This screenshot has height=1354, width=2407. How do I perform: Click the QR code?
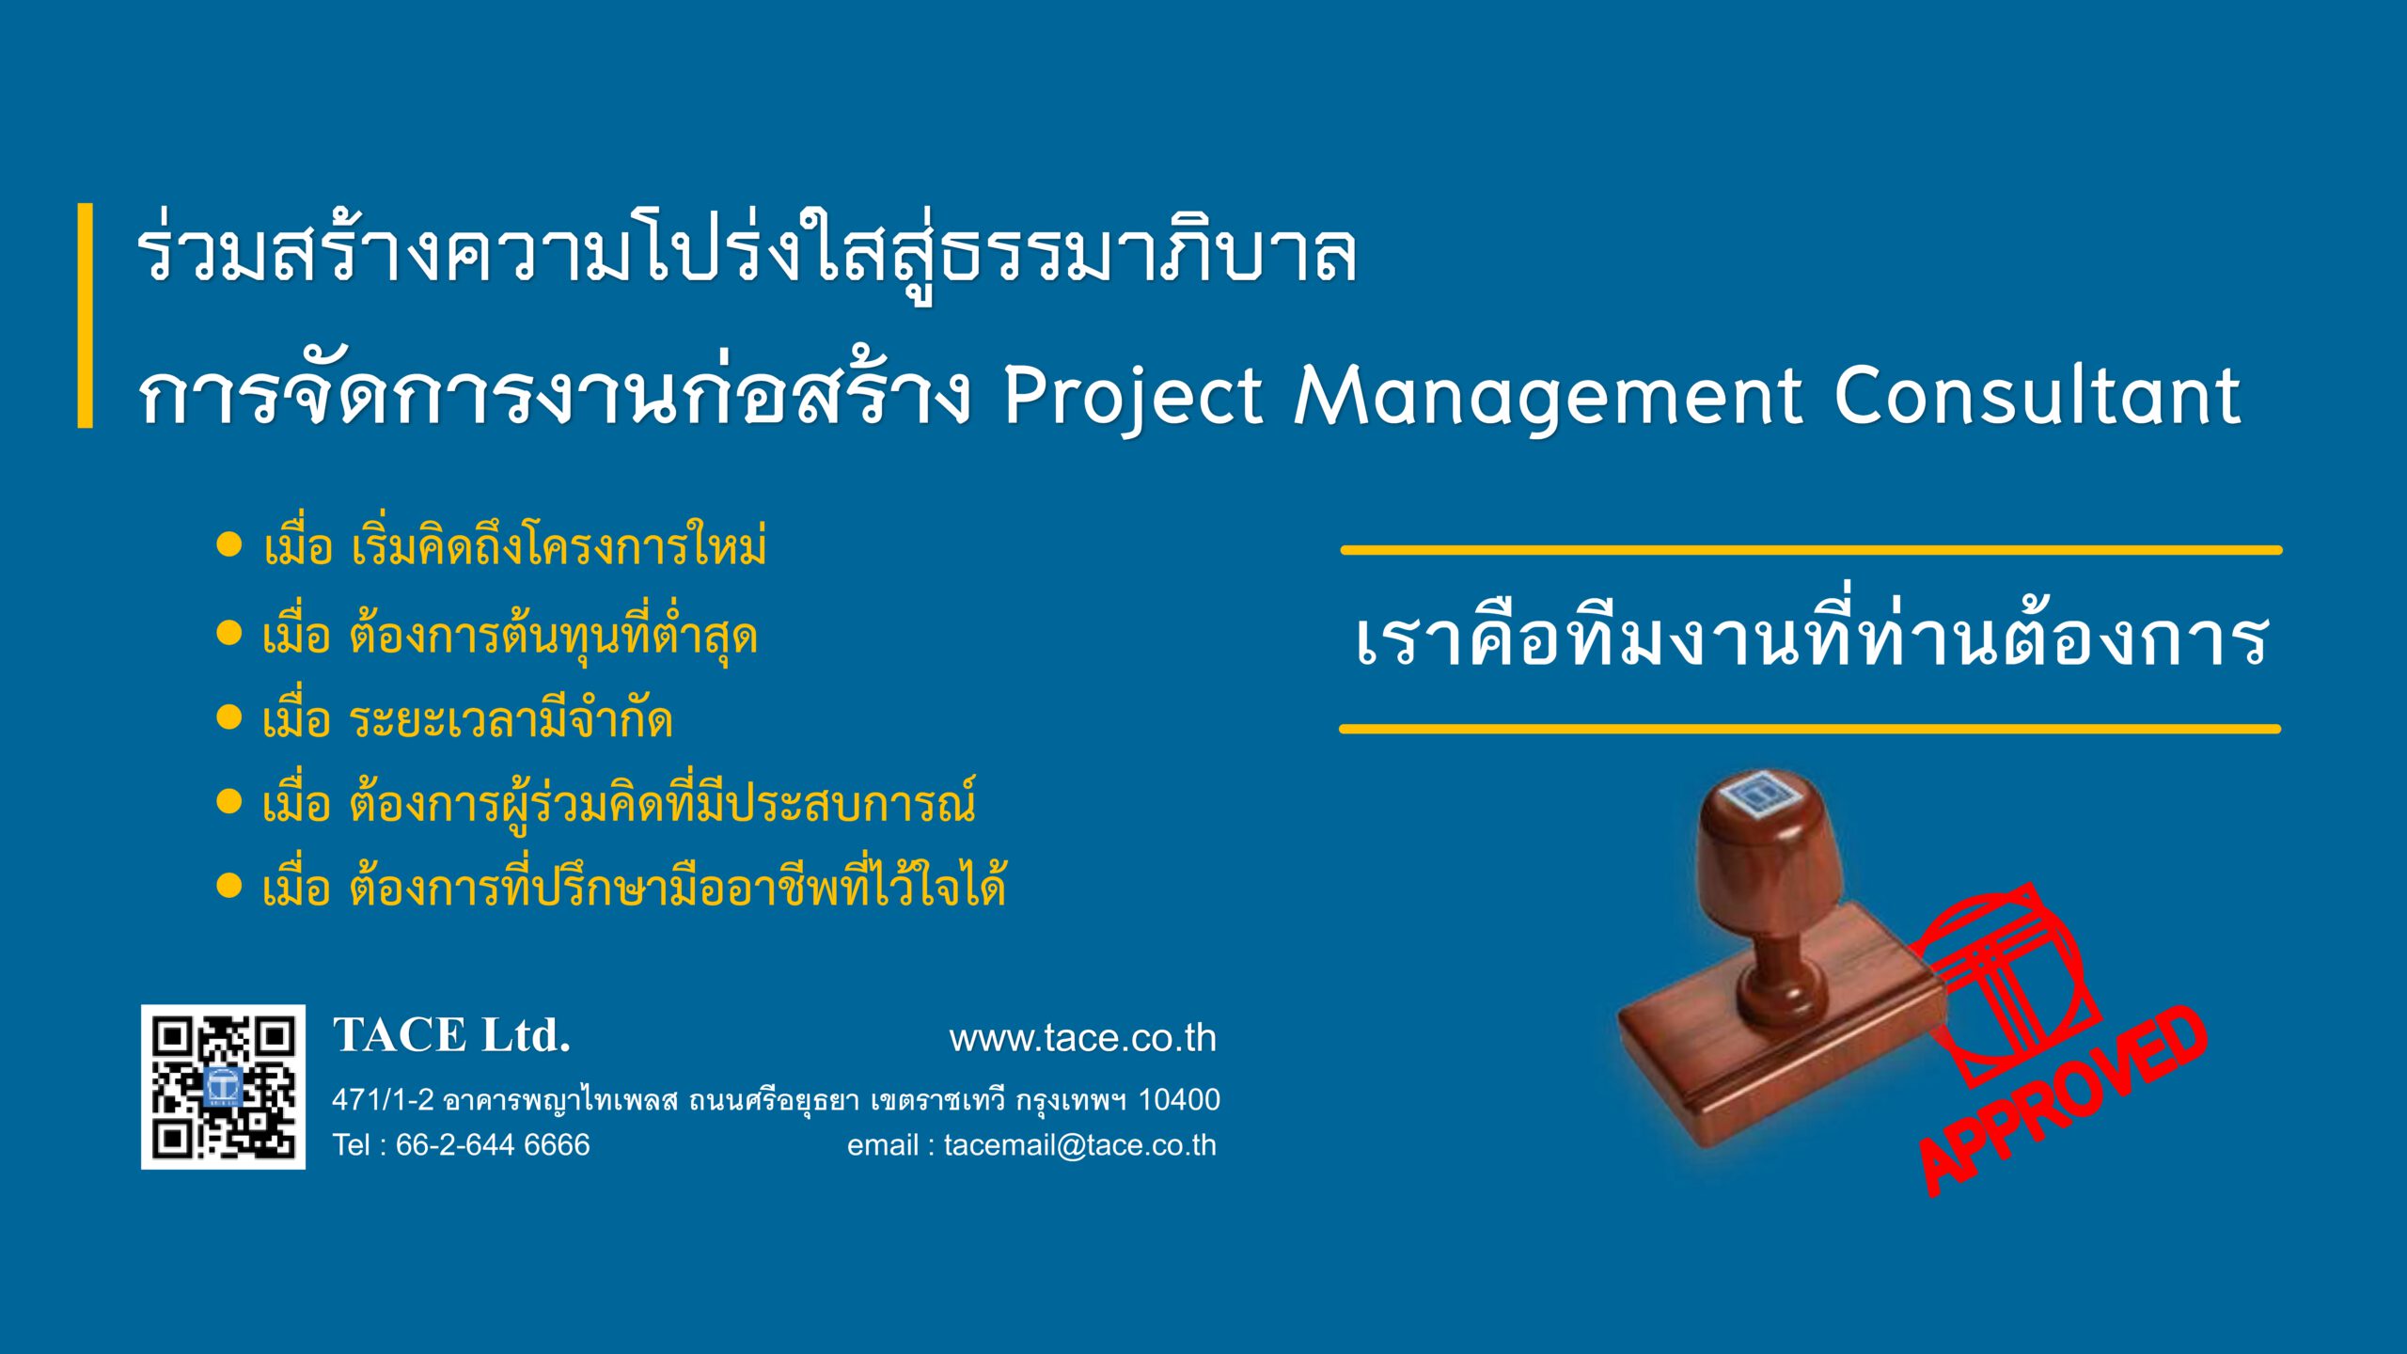click(x=223, y=1087)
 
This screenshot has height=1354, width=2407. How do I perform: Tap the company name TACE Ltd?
click(x=451, y=1035)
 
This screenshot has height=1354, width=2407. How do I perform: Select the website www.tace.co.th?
click(x=1083, y=1038)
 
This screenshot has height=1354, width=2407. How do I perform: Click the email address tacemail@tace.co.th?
click(x=1080, y=1145)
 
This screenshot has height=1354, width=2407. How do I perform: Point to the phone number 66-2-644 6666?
click(x=493, y=1144)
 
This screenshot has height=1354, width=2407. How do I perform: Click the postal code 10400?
click(x=1179, y=1099)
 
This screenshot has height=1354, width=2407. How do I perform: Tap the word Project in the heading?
click(x=1133, y=398)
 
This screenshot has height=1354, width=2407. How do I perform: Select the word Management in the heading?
click(x=1548, y=398)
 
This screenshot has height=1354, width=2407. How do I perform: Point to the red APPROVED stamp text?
click(x=2064, y=1100)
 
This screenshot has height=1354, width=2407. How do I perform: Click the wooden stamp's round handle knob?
click(x=1764, y=846)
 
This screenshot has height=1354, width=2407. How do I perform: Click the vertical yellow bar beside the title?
click(x=86, y=316)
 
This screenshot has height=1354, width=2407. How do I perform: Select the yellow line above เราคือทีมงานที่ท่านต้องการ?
click(x=1812, y=550)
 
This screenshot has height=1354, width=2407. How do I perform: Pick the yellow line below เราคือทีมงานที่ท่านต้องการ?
click(x=1810, y=729)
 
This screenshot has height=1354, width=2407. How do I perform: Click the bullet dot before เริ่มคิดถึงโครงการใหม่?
click(x=229, y=544)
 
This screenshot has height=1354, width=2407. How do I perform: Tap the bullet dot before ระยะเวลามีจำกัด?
click(x=229, y=717)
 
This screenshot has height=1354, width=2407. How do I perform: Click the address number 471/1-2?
click(x=383, y=1099)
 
